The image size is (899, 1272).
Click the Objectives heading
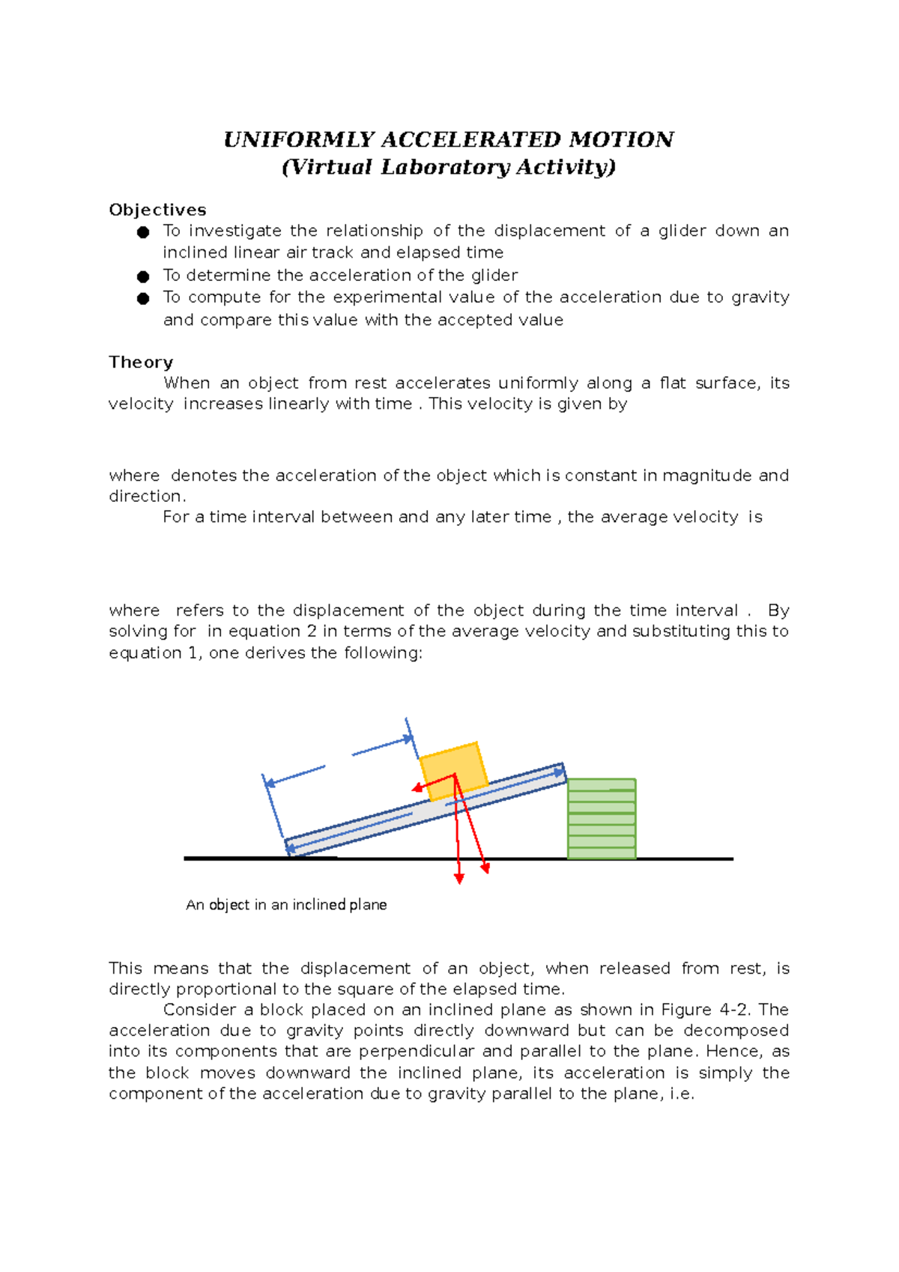(157, 210)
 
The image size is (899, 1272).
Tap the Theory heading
(141, 363)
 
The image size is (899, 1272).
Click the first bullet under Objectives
(143, 232)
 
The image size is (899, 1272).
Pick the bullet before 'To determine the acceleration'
(143, 276)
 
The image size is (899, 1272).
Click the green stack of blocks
(602, 819)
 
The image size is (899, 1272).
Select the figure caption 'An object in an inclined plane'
(286, 905)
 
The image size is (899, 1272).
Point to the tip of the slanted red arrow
(486, 870)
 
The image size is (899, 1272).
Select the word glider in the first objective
(682, 231)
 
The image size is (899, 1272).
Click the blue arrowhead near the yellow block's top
(409, 739)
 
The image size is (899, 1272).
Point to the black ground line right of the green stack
(685, 859)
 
